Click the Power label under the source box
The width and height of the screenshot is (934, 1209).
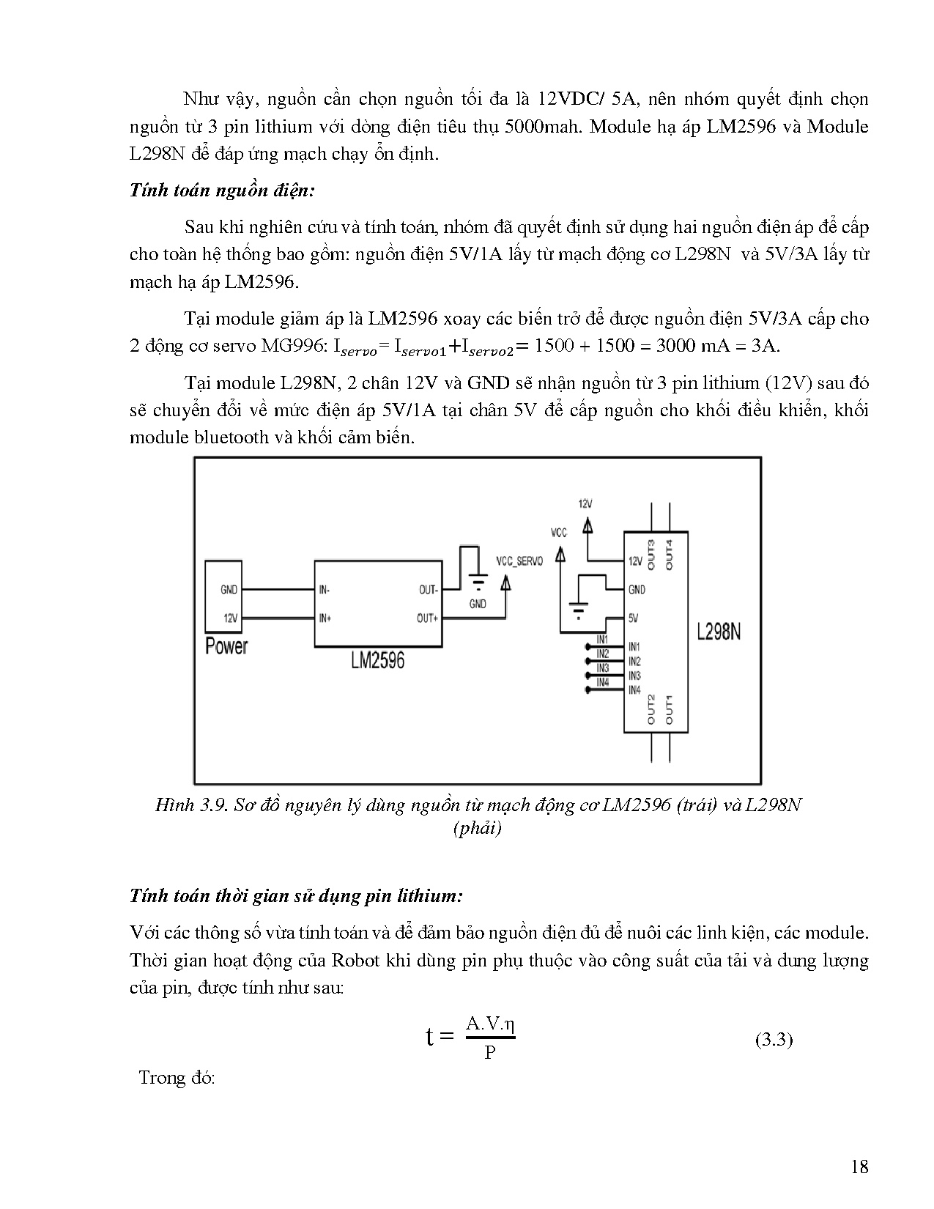click(x=226, y=646)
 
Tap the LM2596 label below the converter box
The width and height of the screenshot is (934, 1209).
click(x=377, y=660)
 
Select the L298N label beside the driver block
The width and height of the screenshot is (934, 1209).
click(x=719, y=632)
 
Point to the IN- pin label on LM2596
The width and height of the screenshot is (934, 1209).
click(x=325, y=589)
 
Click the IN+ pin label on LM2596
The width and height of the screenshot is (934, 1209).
click(x=325, y=618)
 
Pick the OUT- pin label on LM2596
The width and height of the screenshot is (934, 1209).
click(x=428, y=589)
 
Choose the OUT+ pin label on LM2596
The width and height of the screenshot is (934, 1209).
click(x=427, y=618)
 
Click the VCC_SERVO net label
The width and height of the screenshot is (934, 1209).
click(x=519, y=561)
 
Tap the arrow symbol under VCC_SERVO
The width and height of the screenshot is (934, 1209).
click(x=505, y=583)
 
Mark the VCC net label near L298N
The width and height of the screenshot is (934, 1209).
click(x=559, y=533)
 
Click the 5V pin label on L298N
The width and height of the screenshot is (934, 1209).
click(x=634, y=618)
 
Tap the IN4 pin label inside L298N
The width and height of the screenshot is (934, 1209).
click(x=634, y=690)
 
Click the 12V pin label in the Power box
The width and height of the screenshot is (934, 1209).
click(x=231, y=618)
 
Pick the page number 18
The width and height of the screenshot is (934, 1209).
click(x=860, y=1167)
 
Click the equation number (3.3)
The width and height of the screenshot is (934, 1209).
click(x=774, y=1040)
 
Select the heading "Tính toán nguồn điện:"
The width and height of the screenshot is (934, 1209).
click(x=222, y=191)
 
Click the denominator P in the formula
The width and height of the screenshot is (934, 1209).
click(x=490, y=1054)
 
